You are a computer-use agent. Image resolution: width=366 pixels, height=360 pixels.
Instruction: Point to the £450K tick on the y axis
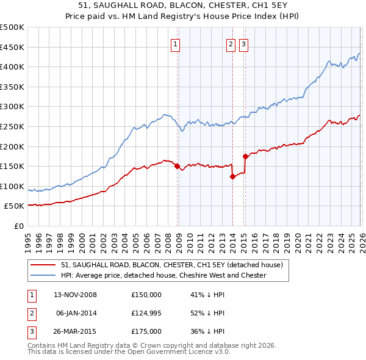click(13, 47)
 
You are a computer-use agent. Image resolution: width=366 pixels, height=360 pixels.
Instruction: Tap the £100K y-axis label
click(13, 186)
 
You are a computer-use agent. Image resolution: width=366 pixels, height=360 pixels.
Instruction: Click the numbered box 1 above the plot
click(176, 43)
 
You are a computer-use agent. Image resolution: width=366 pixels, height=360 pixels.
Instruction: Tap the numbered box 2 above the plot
click(231, 43)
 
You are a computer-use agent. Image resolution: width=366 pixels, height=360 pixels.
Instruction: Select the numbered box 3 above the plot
click(243, 43)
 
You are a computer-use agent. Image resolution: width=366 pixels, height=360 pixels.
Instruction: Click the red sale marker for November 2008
click(178, 166)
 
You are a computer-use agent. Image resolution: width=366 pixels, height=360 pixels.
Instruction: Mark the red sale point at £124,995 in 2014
click(232, 176)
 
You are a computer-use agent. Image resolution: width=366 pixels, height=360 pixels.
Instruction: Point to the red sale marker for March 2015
click(245, 156)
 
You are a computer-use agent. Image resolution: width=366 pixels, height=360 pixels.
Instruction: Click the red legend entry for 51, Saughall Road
click(171, 265)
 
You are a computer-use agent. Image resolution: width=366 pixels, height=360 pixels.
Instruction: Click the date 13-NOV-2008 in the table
click(76, 295)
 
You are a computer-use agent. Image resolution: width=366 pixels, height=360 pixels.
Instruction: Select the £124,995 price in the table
click(146, 313)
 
